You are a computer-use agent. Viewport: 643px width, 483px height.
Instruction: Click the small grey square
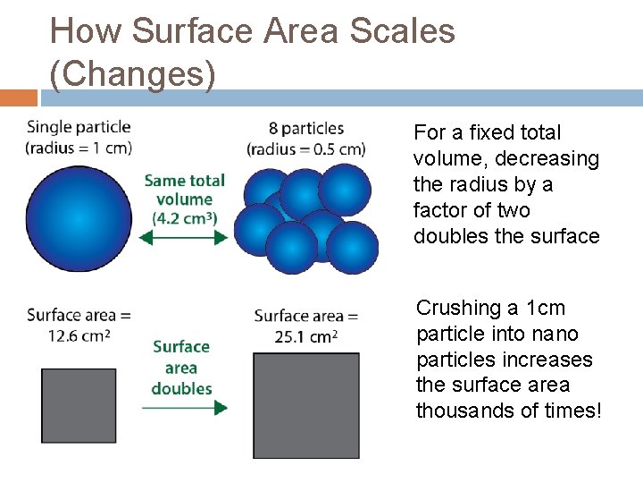(x=79, y=405)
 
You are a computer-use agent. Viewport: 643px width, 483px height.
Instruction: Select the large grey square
(x=306, y=405)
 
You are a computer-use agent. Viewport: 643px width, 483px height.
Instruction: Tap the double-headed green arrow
(x=184, y=238)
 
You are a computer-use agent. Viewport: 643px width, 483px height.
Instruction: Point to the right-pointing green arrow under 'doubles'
(x=184, y=408)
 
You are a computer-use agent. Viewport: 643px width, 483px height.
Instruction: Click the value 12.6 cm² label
(x=79, y=335)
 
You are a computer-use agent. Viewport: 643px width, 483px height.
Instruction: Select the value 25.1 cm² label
(x=305, y=336)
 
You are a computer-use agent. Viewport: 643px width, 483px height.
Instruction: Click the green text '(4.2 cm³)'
(x=184, y=218)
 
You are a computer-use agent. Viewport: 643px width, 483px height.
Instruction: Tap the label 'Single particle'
(x=79, y=128)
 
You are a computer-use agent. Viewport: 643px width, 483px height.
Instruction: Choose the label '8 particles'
(x=307, y=129)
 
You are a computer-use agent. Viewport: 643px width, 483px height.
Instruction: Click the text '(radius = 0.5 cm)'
(x=307, y=148)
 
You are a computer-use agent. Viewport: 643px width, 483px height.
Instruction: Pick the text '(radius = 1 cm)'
(x=79, y=148)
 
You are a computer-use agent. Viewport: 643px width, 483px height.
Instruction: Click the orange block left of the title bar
(x=19, y=97)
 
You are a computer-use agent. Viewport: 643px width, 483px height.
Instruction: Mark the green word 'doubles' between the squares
(x=181, y=388)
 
